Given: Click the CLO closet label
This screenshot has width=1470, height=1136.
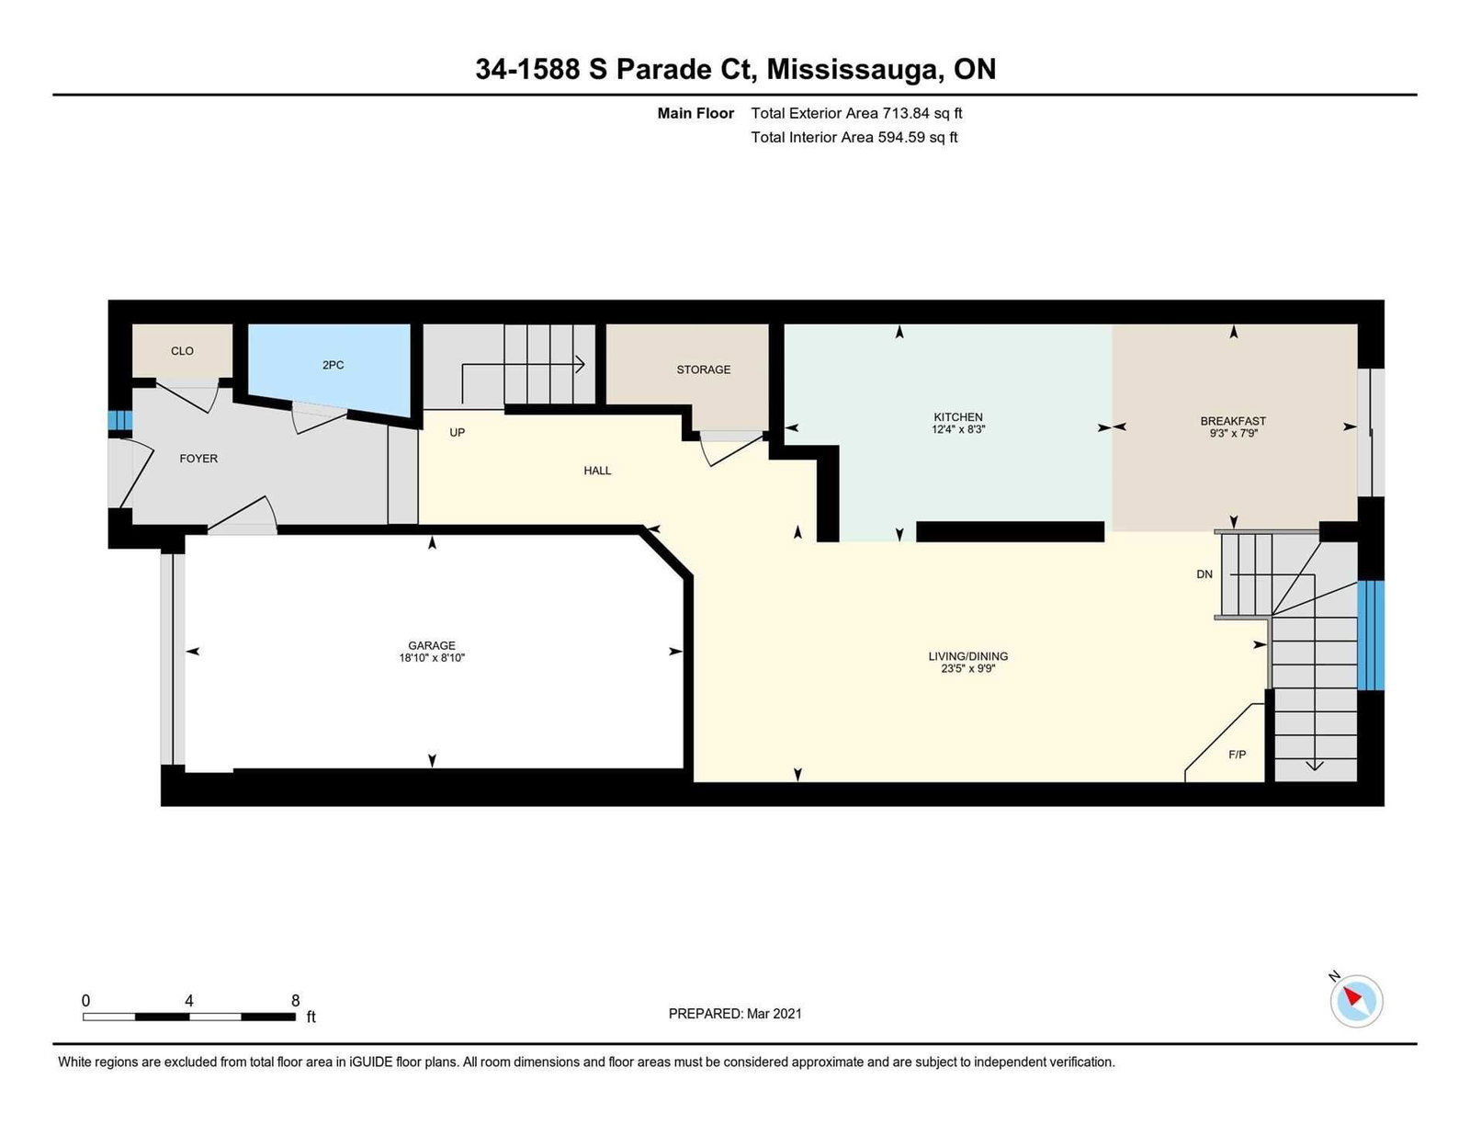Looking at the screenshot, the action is coord(182,350).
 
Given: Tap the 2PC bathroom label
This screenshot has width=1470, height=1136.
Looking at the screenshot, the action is coord(333,365).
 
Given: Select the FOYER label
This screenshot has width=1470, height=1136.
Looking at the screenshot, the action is coord(198,459).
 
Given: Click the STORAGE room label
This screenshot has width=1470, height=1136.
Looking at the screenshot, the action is coord(704,369).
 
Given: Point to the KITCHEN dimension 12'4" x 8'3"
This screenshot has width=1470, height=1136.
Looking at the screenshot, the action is coord(958,429).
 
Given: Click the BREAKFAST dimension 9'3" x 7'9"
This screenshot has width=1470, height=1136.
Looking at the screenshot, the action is coord(1233,433).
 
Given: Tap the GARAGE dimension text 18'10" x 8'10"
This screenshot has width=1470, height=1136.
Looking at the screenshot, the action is coord(432,658).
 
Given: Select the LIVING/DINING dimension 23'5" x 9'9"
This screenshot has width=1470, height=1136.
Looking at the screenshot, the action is coord(968,668).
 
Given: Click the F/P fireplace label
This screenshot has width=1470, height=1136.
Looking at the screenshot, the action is coord(1237,755).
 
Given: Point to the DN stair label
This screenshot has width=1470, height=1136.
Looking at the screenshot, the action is coord(1204,574).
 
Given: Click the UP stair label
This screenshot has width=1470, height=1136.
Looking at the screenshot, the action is coord(458,432).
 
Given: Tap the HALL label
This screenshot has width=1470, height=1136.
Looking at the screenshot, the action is coord(597,471).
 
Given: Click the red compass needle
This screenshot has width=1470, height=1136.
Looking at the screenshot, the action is coord(1351,996).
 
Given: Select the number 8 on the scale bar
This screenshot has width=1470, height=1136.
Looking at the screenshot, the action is coord(295,1001).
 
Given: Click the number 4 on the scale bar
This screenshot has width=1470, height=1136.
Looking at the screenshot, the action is coord(188,1001).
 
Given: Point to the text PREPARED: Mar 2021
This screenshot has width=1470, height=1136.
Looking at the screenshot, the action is coord(735,1014).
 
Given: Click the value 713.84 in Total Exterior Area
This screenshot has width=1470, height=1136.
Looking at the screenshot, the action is coord(906,114).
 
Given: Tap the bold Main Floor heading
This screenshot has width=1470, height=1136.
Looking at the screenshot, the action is coord(695,114).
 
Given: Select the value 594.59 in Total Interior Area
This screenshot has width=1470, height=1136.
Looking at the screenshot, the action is coord(901,137).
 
